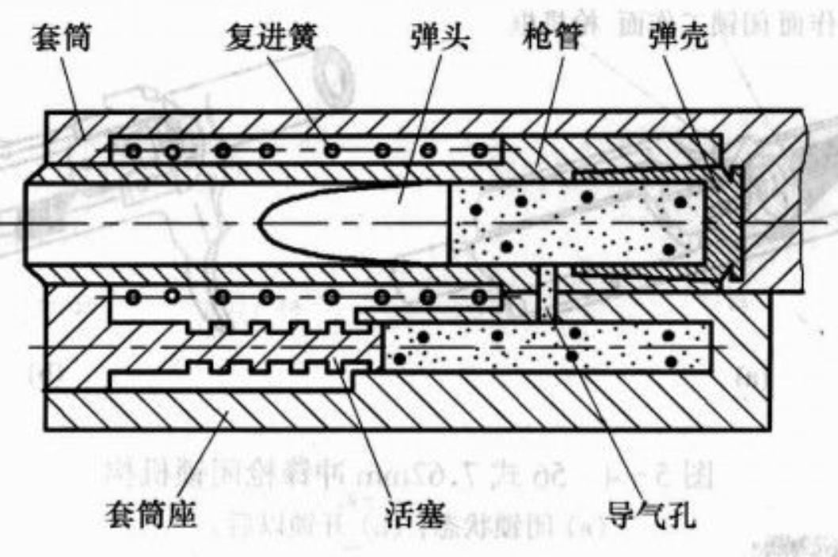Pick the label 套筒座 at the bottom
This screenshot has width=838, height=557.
click(151, 516)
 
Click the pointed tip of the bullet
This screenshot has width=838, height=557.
click(262, 224)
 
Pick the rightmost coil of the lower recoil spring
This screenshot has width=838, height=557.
click(478, 297)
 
